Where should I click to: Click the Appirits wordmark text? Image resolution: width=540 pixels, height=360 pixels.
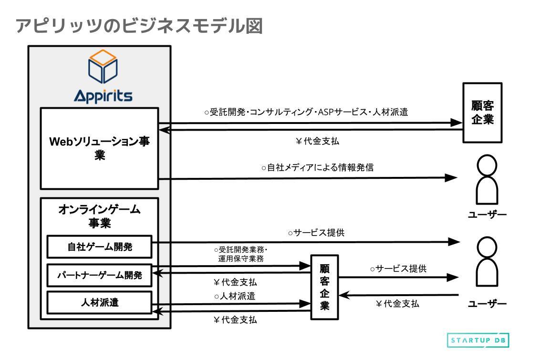[x=103, y=95]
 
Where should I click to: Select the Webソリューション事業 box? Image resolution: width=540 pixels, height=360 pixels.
[x=99, y=148]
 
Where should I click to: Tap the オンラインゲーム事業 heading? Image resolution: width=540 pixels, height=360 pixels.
[x=99, y=216]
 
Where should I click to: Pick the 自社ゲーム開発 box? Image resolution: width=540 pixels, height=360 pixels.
[x=99, y=247]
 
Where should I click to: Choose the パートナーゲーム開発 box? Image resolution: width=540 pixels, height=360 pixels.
[x=99, y=275]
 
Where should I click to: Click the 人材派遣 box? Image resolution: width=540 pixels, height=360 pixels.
[x=99, y=302]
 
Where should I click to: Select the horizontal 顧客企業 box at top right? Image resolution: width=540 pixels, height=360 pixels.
[x=482, y=113]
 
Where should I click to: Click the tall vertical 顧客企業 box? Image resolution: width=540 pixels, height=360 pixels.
[x=324, y=288]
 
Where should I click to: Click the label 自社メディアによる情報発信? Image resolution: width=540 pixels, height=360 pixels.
[x=317, y=168]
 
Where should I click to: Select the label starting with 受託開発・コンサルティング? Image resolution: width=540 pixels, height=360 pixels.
[x=306, y=113]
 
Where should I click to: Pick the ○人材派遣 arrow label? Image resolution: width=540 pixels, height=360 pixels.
[x=234, y=296]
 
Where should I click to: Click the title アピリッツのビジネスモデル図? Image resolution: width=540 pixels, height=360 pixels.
[x=139, y=26]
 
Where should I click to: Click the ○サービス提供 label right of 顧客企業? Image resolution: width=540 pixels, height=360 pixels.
[x=398, y=269]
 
